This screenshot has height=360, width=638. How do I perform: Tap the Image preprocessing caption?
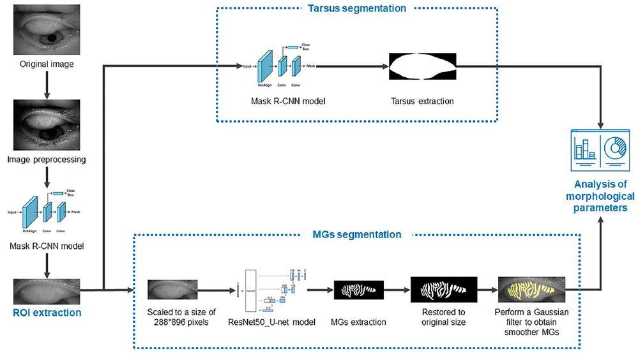(47, 160)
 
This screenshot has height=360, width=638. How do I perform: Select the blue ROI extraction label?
(47, 313)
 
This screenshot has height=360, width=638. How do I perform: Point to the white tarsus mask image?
(423, 66)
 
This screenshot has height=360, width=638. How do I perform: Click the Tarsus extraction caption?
(423, 101)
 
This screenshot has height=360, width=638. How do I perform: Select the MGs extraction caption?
(358, 322)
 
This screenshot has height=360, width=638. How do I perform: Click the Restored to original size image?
(444, 290)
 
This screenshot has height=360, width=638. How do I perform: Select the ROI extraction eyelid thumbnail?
(47, 291)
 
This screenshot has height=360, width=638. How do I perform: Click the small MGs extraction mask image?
(358, 290)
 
